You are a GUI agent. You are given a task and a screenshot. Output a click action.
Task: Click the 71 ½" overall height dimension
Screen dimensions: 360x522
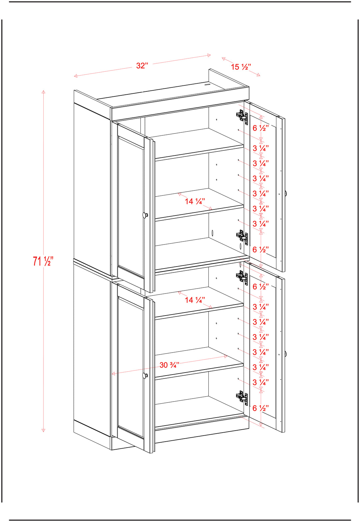pyautogui.click(x=43, y=261)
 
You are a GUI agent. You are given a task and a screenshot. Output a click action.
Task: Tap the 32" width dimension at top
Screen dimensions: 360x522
pyautogui.click(x=142, y=66)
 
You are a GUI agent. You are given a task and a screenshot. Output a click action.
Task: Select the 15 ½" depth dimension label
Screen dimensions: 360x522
pyautogui.click(x=241, y=67)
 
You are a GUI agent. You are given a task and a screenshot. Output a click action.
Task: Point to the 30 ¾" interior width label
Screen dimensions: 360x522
pyautogui.click(x=169, y=365)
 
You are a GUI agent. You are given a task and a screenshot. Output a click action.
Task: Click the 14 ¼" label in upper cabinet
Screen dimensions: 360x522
pyautogui.click(x=195, y=201)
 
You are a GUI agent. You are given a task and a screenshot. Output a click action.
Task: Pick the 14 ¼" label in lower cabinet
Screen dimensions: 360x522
pyautogui.click(x=195, y=300)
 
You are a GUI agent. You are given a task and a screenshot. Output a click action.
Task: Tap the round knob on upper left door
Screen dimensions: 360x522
pyautogui.click(x=145, y=215)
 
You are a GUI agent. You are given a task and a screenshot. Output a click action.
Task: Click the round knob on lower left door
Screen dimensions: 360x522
pyautogui.click(x=145, y=375)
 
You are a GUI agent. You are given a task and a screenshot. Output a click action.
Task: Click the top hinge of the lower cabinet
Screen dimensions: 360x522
pyautogui.click(x=242, y=277)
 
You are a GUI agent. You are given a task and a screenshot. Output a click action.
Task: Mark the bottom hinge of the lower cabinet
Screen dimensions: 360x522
pyautogui.click(x=242, y=397)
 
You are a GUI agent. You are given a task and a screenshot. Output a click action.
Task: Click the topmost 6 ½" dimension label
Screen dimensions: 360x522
pyautogui.click(x=261, y=128)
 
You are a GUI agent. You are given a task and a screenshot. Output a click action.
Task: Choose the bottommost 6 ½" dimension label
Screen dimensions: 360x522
pyautogui.click(x=261, y=408)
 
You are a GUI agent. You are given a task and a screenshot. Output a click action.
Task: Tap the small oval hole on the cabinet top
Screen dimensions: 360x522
pyautogui.click(x=207, y=85)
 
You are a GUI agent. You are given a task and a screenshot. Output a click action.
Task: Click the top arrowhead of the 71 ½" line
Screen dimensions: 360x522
pyautogui.click(x=43, y=92)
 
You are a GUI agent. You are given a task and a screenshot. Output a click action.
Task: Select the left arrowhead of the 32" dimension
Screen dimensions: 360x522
pyautogui.click(x=75, y=76)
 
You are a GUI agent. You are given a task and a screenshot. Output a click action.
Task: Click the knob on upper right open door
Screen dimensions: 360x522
pyautogui.click(x=286, y=193)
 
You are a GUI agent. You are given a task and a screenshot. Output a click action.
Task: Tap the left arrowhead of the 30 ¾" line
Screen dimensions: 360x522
pyautogui.click(x=113, y=374)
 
